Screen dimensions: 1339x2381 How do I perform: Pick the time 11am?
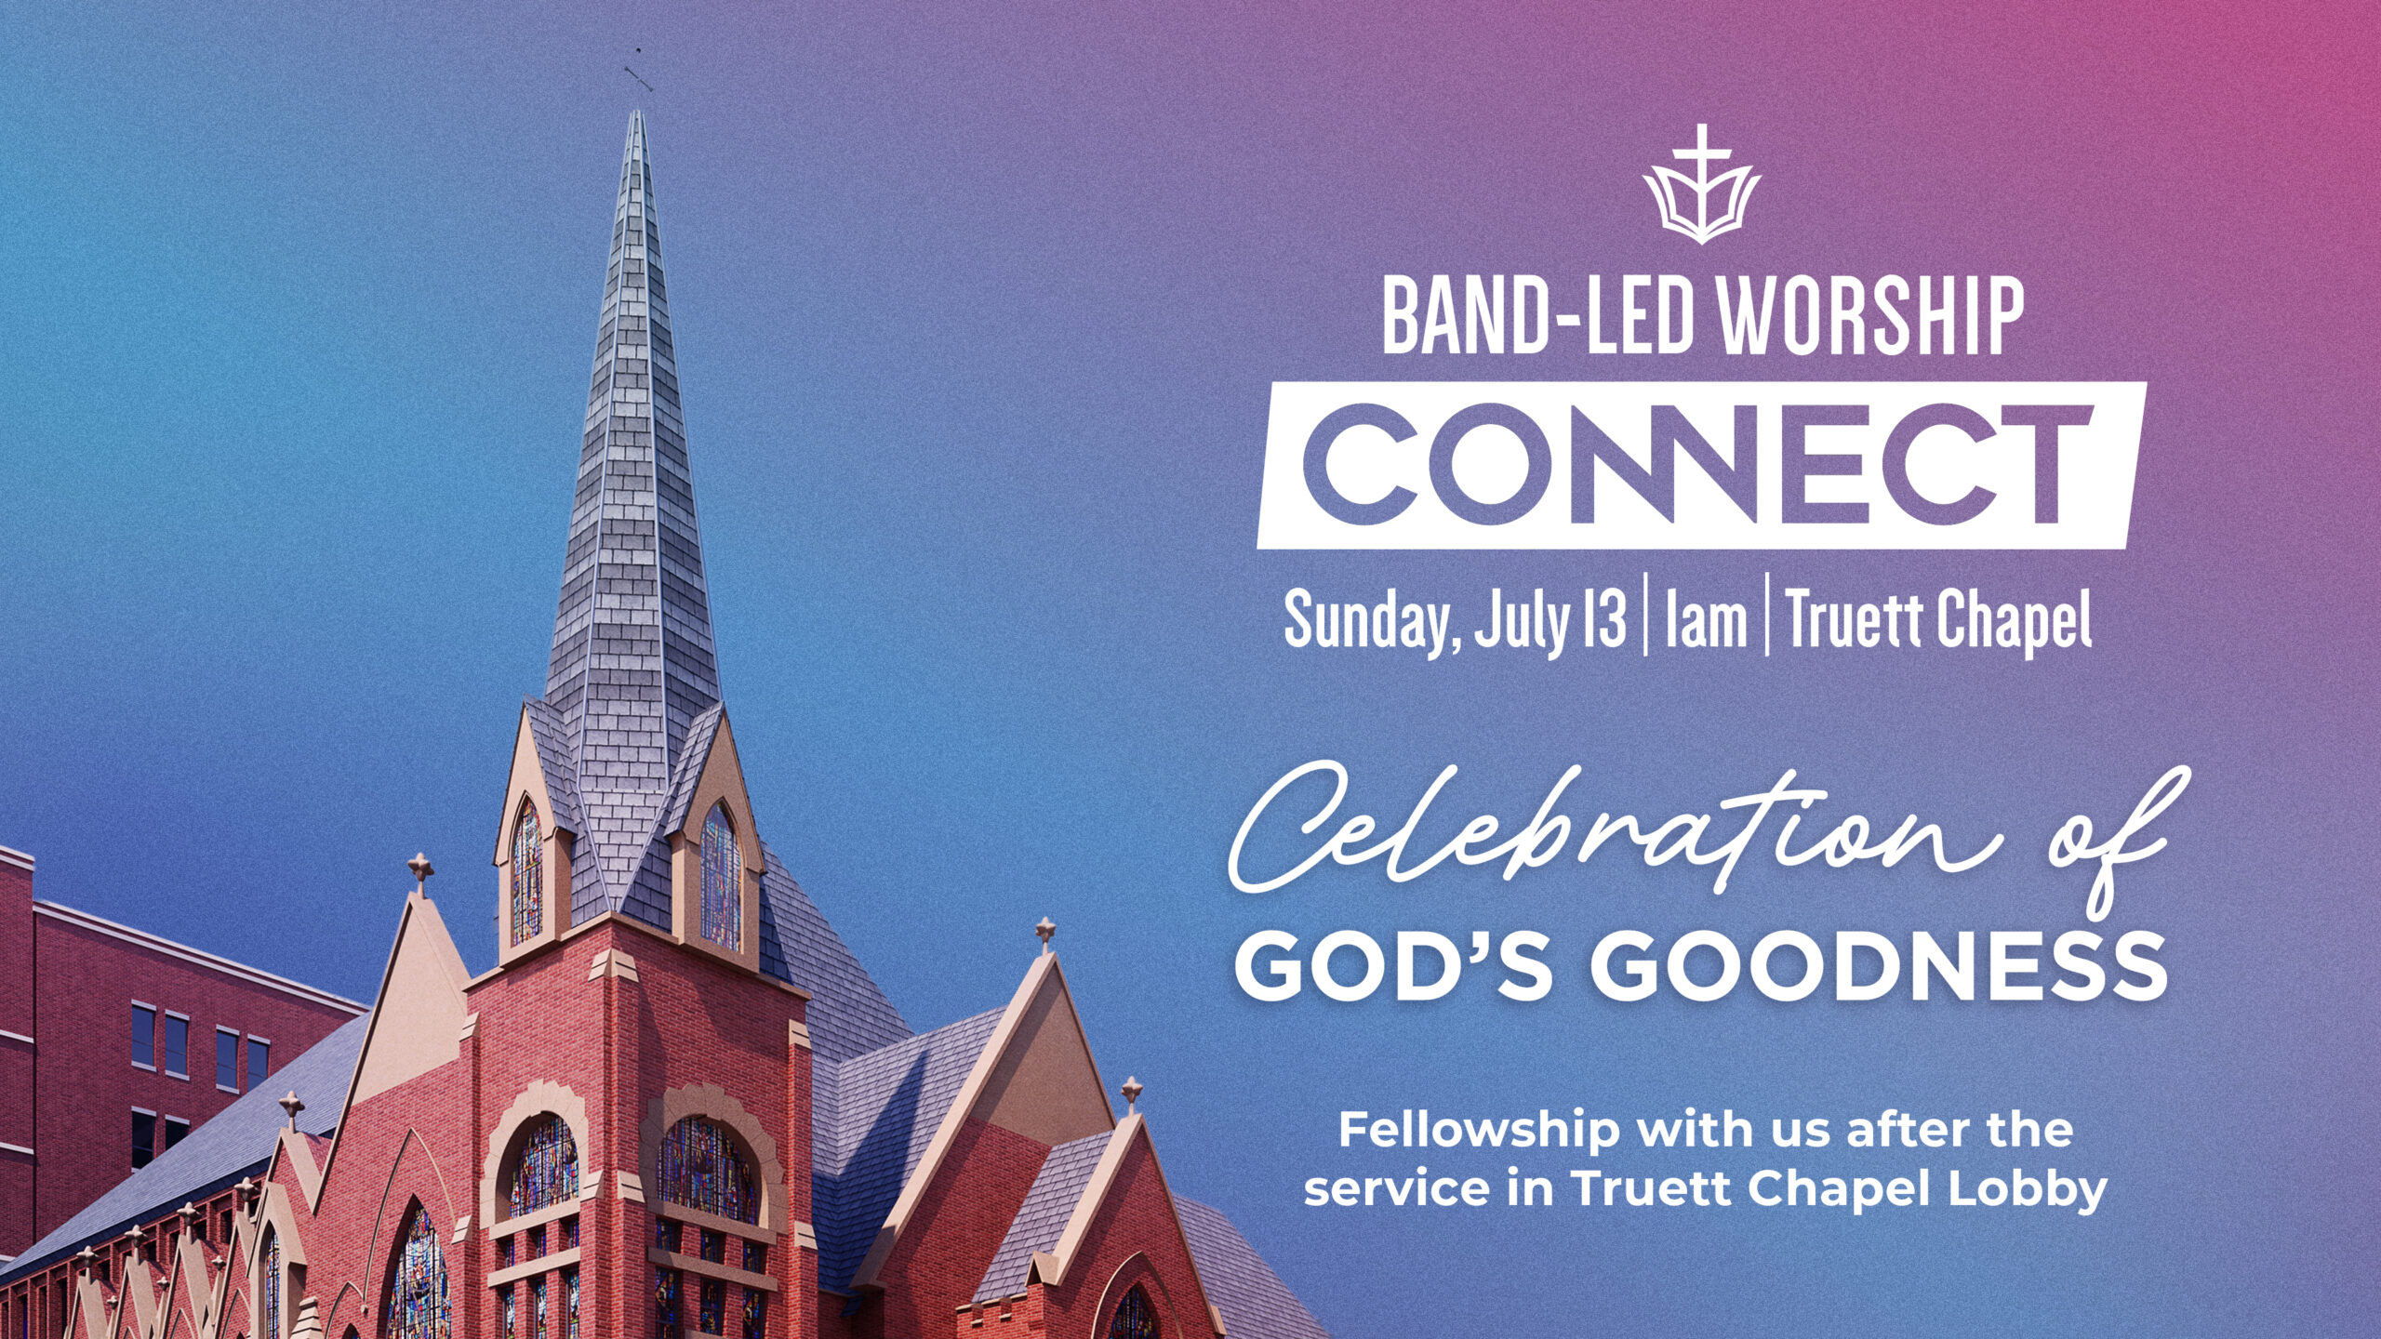(1706, 620)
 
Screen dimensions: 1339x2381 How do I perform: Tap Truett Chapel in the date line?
(1939, 620)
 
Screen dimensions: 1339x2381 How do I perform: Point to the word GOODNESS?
(1879, 968)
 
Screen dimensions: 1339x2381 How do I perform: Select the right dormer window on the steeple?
(720, 878)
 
